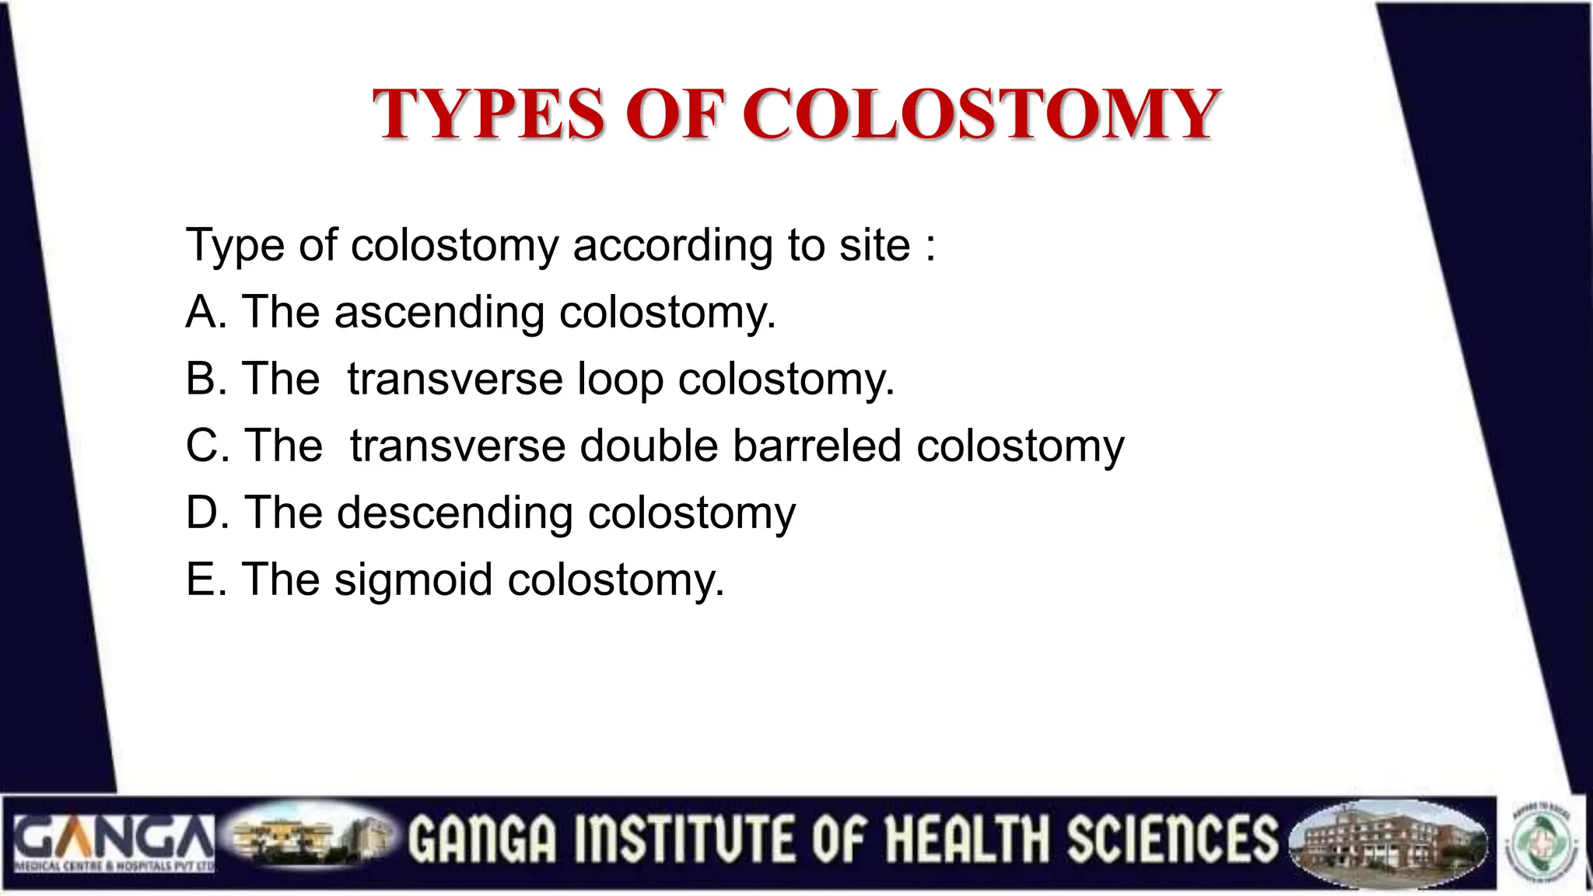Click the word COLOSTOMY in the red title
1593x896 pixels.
click(982, 114)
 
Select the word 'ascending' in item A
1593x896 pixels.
click(439, 313)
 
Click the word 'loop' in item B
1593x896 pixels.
click(620, 380)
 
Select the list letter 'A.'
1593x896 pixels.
click(206, 313)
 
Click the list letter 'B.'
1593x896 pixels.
click(206, 380)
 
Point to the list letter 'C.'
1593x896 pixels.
click(208, 446)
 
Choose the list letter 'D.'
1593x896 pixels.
click(208, 513)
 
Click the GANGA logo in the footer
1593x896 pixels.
click(114, 843)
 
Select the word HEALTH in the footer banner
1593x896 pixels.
click(970, 840)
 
